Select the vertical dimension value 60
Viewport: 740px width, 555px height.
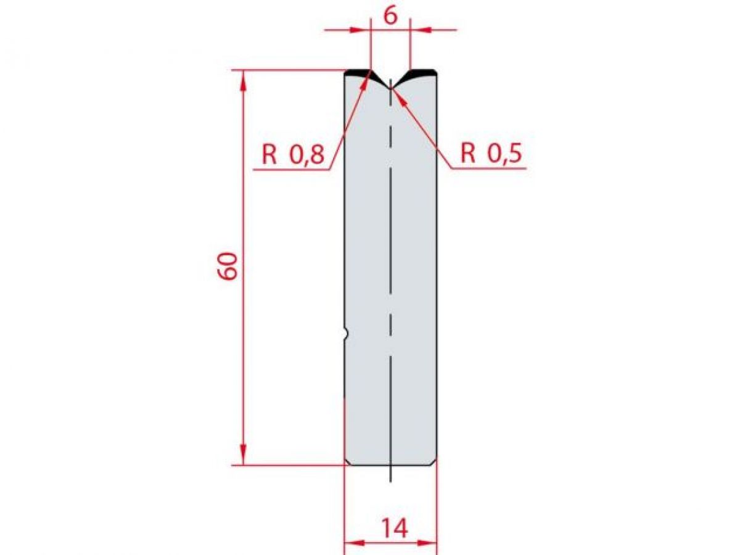[228, 266]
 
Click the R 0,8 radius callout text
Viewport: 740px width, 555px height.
[292, 155]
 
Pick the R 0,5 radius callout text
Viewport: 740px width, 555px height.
[491, 154]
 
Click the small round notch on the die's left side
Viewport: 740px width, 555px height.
[347, 334]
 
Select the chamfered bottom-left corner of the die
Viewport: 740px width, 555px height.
[347, 462]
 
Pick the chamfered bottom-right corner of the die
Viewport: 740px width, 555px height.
[434, 462]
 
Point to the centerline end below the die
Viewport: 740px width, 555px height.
[391, 480]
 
